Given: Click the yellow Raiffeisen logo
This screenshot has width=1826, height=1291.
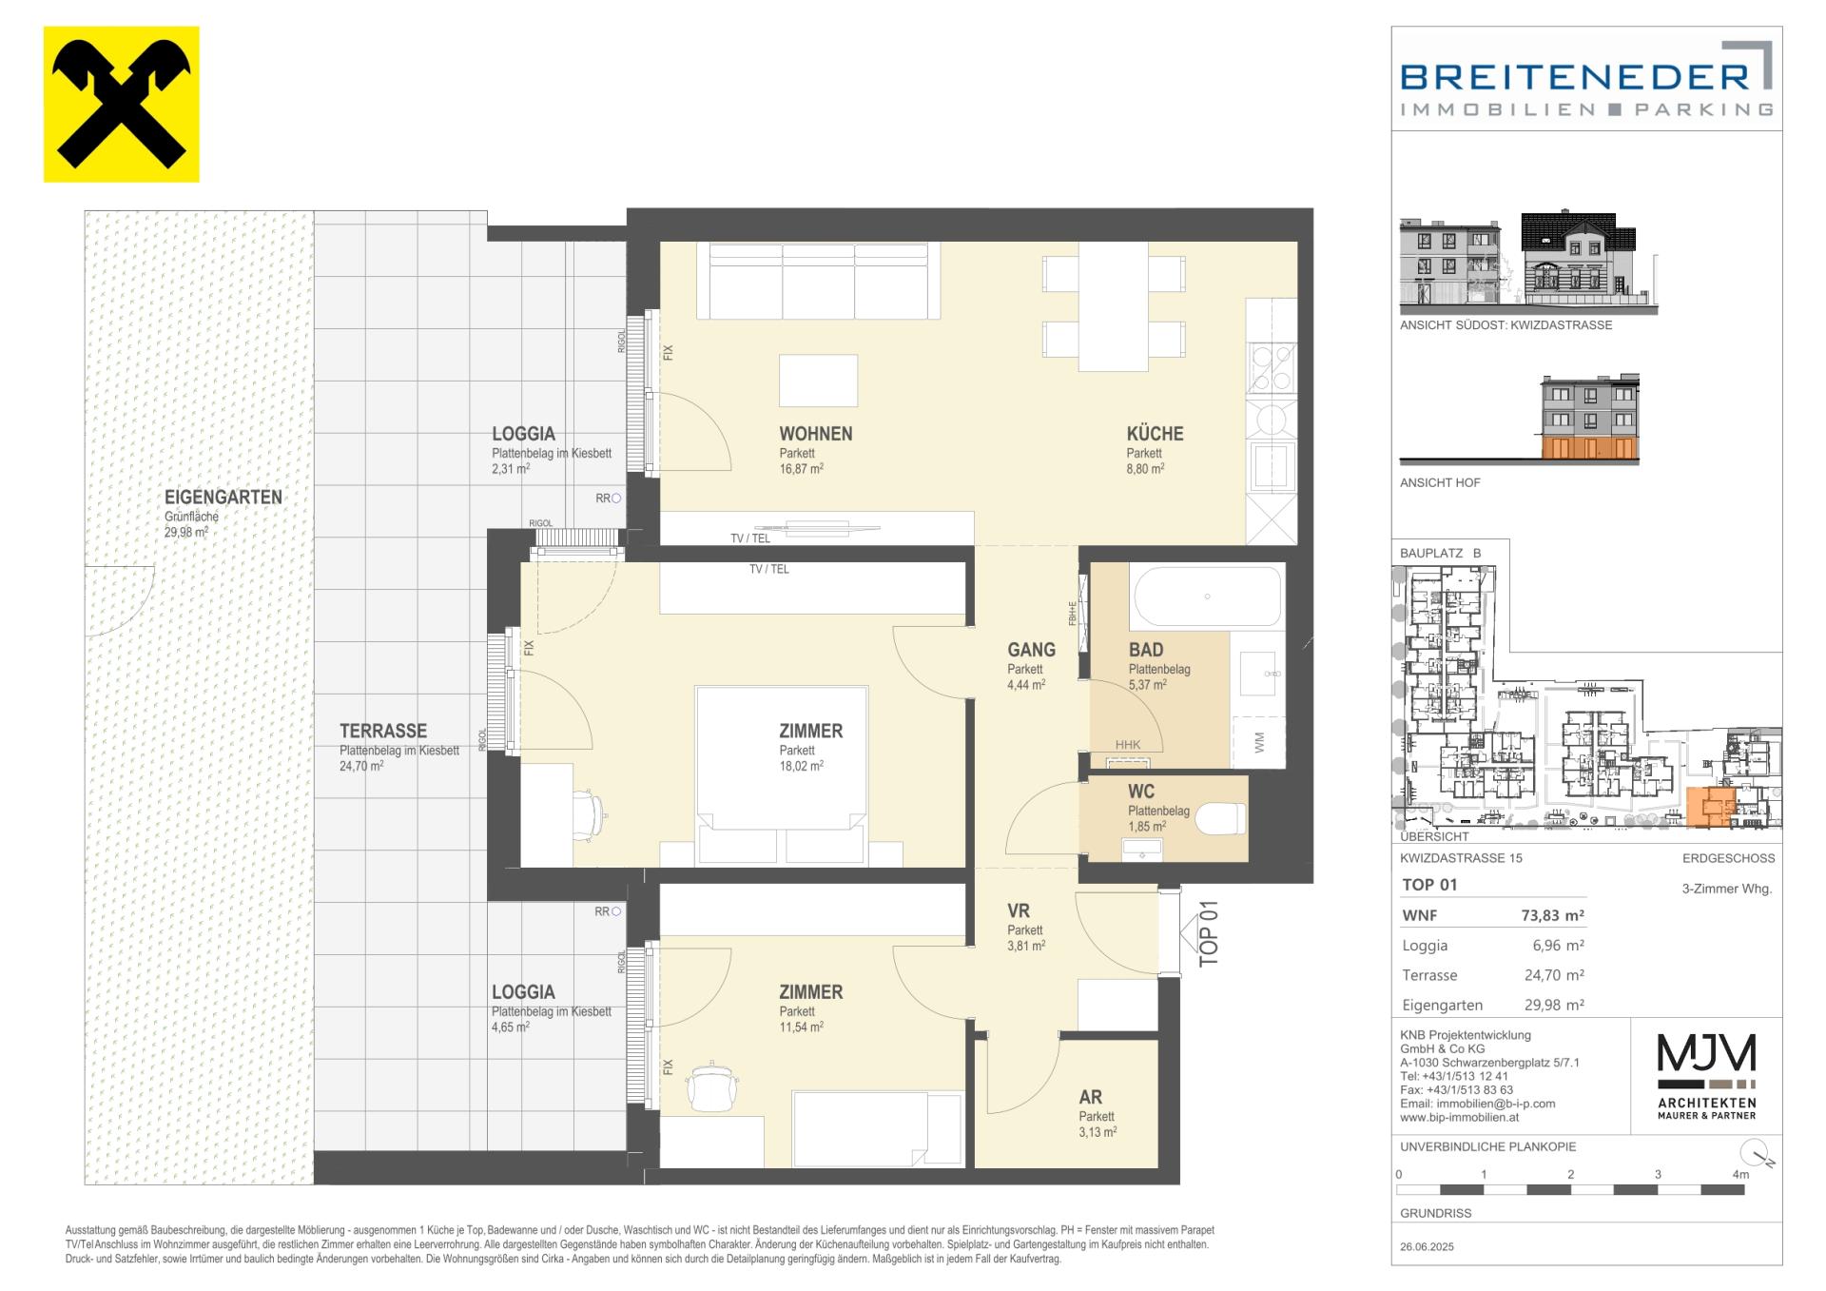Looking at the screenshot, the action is tap(122, 104).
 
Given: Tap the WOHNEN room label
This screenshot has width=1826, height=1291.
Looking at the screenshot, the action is tap(816, 434).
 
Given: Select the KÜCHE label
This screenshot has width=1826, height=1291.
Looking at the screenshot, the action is tap(1155, 434).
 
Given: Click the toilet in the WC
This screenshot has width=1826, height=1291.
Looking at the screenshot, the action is tap(1221, 819).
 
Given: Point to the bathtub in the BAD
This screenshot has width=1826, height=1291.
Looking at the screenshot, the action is tap(1207, 597).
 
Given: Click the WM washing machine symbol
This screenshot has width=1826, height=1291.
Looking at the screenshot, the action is tap(1259, 742).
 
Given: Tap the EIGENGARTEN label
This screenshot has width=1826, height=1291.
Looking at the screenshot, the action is tap(223, 497).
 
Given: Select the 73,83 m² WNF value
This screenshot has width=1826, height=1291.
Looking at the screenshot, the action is tap(1552, 915).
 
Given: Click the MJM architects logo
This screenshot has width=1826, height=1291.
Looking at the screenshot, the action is tap(1706, 1076).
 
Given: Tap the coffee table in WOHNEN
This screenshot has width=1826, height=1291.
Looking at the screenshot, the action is tap(818, 381).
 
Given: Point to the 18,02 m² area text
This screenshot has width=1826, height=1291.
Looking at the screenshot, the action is tap(801, 766).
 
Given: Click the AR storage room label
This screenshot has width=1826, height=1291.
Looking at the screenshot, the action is tap(1091, 1097).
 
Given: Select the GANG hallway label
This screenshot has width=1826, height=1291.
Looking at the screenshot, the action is tap(1031, 650).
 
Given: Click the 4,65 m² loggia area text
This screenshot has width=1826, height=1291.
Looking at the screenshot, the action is tap(511, 1027).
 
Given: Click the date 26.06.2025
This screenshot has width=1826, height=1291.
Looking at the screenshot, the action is tap(1427, 1246).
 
